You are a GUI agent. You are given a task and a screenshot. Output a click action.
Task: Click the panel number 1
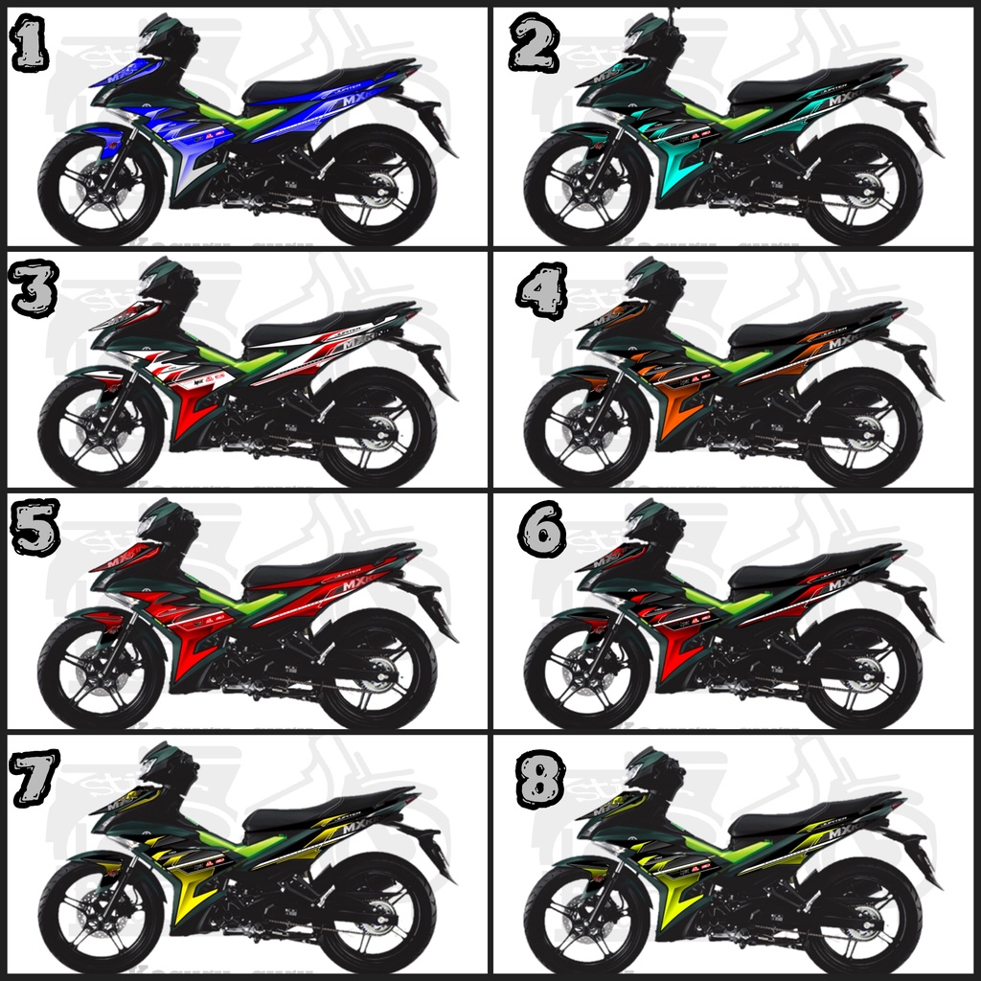[30, 45]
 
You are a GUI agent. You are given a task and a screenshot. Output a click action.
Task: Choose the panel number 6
[541, 530]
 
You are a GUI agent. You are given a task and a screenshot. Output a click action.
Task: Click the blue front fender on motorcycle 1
[91, 135]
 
